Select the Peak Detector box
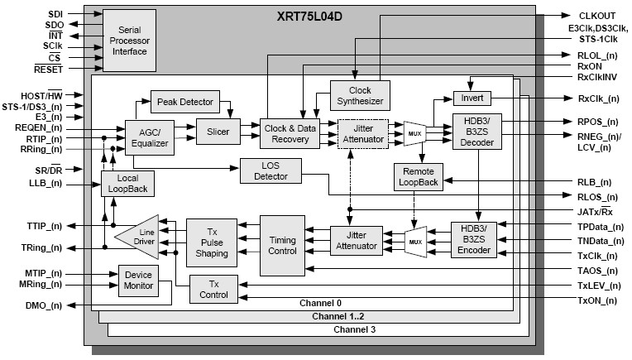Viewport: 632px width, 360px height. [x=184, y=102]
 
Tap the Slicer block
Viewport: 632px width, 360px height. [x=218, y=130]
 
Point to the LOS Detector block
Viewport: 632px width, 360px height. [x=270, y=171]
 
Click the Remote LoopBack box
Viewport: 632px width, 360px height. [x=418, y=177]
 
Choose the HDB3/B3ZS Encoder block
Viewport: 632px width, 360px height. [x=472, y=239]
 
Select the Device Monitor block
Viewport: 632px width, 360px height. [x=138, y=281]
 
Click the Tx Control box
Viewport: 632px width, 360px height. [x=213, y=290]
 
